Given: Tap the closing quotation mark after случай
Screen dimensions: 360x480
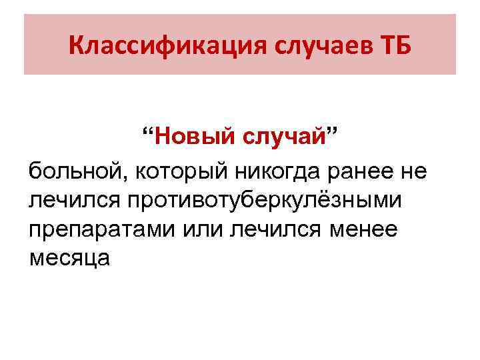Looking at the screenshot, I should point(331,132).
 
